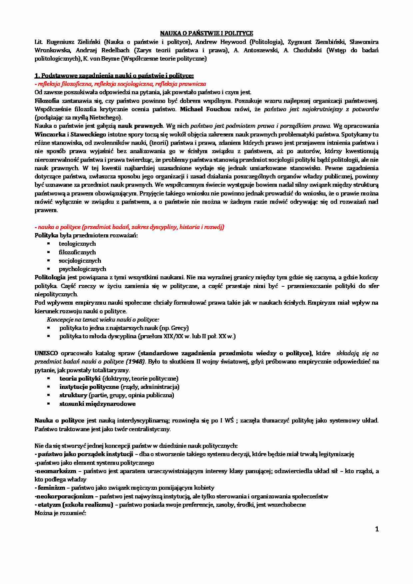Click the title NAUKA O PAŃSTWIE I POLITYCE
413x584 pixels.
tap(206, 33)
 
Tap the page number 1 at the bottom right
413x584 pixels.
tap(377, 529)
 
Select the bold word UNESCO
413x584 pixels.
tap(46, 353)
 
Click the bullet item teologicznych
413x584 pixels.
tap(77, 244)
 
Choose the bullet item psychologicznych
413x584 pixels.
tap(82, 269)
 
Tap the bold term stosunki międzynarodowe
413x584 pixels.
tap(97, 404)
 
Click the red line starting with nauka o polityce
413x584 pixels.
tap(130, 227)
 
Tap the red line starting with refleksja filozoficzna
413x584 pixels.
tap(120, 84)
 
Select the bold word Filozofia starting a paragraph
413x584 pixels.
tap(47, 101)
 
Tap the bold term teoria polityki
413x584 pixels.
tap(80, 379)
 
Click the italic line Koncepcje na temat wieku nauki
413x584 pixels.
tap(103, 320)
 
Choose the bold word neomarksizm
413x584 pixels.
tap(57, 471)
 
